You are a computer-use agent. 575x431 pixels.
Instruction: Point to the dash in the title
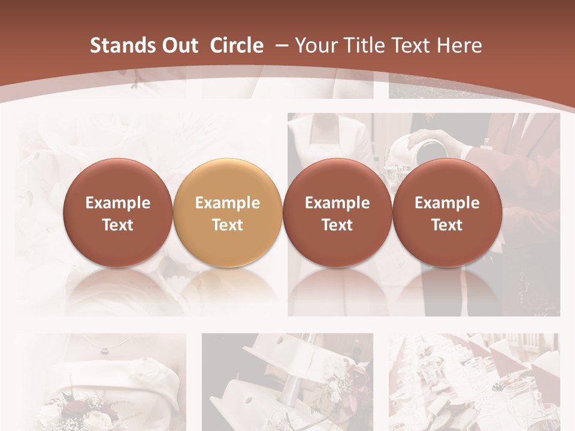(282, 45)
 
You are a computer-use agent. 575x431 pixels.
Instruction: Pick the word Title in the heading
(363, 45)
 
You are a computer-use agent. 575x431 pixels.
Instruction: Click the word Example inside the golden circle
(228, 203)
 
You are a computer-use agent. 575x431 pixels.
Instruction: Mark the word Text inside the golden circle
(228, 225)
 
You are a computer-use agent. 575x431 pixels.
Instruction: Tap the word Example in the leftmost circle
(118, 203)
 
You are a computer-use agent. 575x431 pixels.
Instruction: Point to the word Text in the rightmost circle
(447, 225)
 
